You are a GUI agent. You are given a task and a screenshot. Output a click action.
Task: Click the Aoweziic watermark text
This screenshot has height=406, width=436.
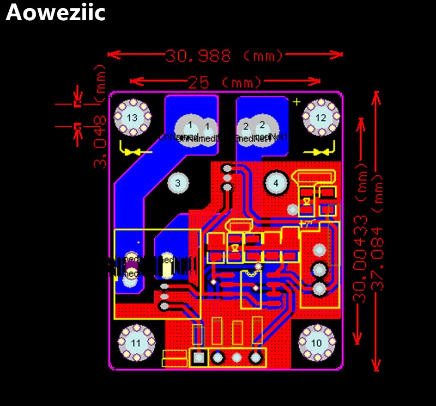55,13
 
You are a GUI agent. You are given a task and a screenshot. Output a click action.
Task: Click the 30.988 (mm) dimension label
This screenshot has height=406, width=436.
224,55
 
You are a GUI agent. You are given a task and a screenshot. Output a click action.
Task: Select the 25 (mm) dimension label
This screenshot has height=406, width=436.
225,82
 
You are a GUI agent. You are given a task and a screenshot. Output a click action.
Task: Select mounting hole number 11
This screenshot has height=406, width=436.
136,343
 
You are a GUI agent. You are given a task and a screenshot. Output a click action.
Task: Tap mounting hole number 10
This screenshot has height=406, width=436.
317,343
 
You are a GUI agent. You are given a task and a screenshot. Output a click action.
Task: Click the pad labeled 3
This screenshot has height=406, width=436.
177,182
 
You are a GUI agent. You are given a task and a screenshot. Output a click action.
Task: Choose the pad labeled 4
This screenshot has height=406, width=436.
276,183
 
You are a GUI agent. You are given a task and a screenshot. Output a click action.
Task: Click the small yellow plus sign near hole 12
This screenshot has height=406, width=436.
297,102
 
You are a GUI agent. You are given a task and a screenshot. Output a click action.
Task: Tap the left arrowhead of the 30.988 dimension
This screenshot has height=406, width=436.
111,54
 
